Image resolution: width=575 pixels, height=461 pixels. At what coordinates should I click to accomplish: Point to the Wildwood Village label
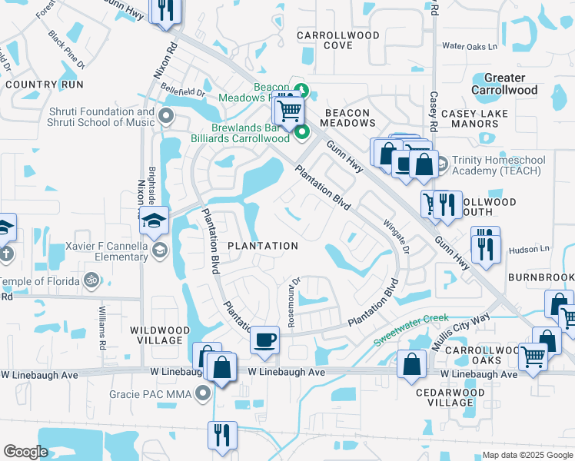click(158, 336)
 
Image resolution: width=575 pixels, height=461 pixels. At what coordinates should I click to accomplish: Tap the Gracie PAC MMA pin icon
click(203, 394)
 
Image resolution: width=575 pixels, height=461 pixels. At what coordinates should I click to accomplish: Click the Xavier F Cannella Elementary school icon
click(161, 250)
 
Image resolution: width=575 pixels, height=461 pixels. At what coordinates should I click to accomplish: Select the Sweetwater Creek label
click(411, 329)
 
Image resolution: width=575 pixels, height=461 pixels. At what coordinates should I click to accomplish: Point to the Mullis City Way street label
click(460, 331)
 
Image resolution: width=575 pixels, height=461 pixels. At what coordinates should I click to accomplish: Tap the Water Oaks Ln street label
click(470, 47)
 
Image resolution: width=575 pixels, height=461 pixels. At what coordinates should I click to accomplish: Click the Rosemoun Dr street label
click(292, 302)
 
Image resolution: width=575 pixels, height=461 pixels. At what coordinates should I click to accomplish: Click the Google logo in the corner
click(25, 452)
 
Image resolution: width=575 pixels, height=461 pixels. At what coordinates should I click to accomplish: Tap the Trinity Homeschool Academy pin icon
click(442, 165)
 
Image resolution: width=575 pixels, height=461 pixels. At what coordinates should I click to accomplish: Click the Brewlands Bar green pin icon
click(301, 133)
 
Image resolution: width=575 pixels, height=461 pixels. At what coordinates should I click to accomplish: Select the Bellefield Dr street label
click(181, 92)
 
